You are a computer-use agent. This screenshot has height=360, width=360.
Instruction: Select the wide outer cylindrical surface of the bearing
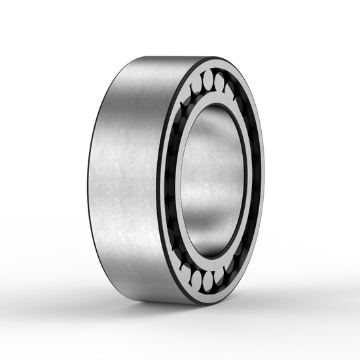coord(124,177)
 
